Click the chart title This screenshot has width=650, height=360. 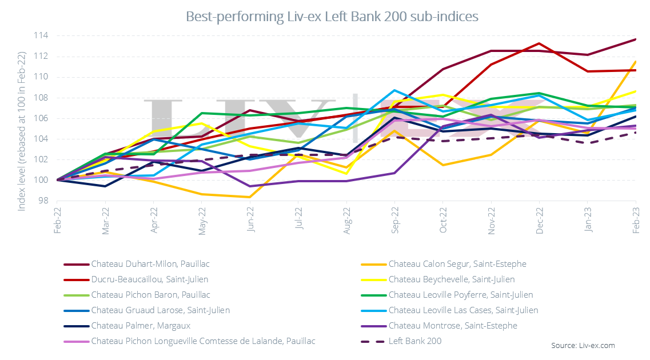click(332, 17)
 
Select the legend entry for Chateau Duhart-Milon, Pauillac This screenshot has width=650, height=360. click(150, 264)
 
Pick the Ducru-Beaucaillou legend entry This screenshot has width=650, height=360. click(149, 279)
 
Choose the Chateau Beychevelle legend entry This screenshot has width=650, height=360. click(451, 279)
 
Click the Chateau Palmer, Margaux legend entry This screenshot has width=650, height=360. click(140, 326)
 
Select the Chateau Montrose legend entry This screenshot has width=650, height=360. click(452, 326)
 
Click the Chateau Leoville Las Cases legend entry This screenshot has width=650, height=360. click(462, 310)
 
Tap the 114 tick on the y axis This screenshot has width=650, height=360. click(41, 36)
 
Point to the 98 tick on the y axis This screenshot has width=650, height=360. click(43, 201)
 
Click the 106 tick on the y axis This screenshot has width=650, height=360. click(41, 118)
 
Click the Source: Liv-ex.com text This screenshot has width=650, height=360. click(583, 346)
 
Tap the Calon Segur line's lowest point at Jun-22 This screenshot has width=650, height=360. click(249, 197)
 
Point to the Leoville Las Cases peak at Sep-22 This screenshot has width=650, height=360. click(394, 90)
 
